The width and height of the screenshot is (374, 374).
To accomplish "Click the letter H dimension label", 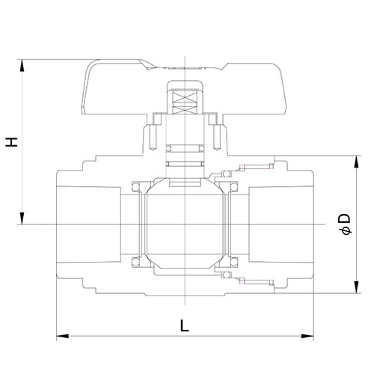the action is tap(12, 142).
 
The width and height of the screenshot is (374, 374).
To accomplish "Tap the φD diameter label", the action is tap(346, 224).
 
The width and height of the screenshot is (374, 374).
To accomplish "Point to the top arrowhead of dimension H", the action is tap(22, 66).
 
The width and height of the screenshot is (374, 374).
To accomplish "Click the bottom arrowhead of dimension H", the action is tap(22, 218).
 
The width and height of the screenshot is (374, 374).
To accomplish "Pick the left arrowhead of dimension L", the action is tap(63, 336).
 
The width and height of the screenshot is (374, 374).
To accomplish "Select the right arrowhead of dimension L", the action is tap(307, 336).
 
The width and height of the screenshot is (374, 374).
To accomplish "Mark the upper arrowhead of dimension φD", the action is tap(357, 162).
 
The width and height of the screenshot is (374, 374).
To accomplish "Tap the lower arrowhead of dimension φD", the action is tap(357, 286).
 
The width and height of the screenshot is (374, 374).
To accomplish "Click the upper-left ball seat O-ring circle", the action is tap(135, 187).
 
